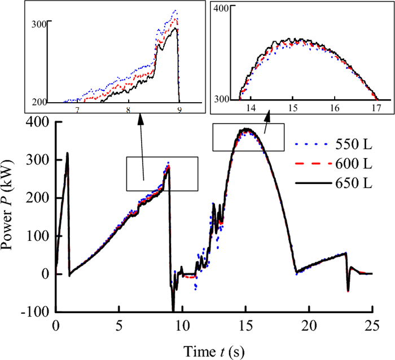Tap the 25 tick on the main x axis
pyautogui.click(x=372, y=326)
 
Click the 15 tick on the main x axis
pyautogui.click(x=245, y=326)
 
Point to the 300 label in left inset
pyautogui.click(x=38, y=24)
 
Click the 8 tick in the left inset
pyautogui.click(x=128, y=111)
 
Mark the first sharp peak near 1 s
pyautogui.click(x=67, y=153)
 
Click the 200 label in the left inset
pyautogui.click(x=38, y=102)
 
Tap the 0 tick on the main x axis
pyautogui.click(x=55, y=326)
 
